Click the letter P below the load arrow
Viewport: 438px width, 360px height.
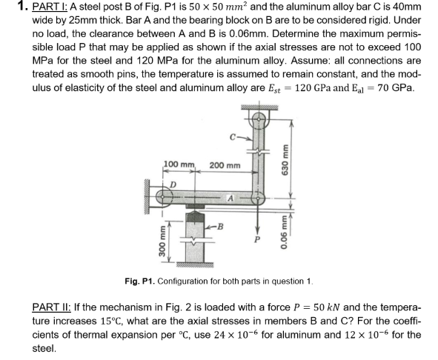[x=258, y=239]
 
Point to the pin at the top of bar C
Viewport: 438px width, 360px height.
[x=257, y=117]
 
